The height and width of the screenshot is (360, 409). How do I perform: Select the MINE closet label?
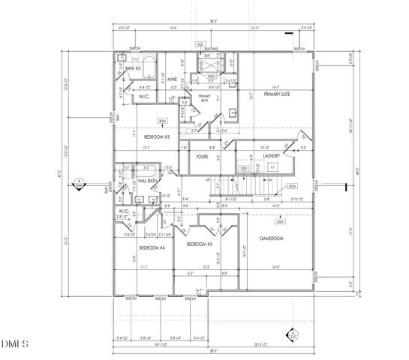point(172,78)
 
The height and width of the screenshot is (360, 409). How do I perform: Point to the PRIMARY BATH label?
point(204,97)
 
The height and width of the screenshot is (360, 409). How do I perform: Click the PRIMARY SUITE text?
point(277,95)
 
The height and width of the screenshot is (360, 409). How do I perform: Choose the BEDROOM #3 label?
point(156,138)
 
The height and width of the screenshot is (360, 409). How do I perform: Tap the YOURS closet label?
point(201,157)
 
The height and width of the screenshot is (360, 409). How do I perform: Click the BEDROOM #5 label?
point(200,245)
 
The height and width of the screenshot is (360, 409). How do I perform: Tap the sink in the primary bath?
point(233,112)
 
